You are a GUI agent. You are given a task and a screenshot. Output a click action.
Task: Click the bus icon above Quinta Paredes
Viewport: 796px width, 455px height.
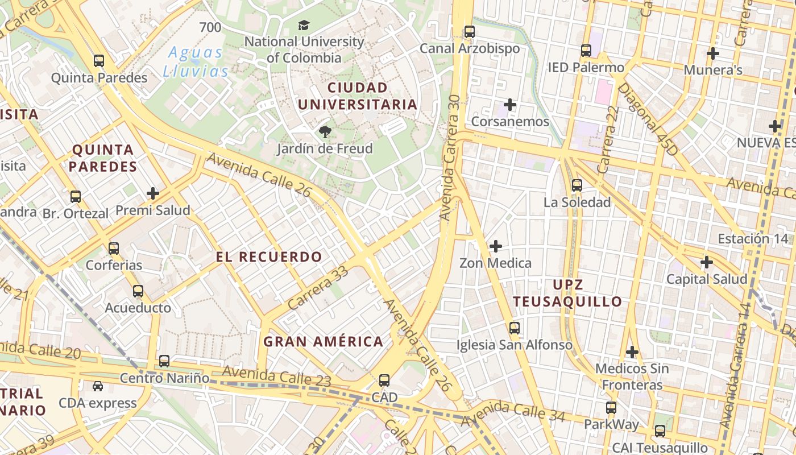click(99, 61)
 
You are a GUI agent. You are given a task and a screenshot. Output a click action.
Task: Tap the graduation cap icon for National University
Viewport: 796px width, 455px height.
click(304, 25)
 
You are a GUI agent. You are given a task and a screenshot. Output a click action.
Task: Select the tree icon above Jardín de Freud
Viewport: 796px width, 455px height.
click(325, 132)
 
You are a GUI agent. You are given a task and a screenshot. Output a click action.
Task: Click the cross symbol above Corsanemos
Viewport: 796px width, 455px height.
click(510, 105)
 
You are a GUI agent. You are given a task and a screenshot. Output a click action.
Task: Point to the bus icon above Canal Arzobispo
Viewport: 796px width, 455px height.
click(469, 32)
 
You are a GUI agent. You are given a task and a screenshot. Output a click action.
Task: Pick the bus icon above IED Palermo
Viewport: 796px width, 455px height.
click(586, 51)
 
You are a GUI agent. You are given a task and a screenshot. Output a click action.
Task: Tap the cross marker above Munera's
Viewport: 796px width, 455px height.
click(712, 53)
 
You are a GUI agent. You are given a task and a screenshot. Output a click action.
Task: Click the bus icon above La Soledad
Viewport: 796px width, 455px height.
click(577, 185)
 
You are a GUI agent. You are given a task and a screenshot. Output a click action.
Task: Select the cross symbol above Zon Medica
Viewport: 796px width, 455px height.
click(496, 246)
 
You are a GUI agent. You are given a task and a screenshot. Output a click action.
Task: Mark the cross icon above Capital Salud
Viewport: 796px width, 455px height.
click(707, 262)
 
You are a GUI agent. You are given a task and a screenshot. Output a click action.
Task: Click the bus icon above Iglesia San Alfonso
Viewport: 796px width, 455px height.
click(515, 328)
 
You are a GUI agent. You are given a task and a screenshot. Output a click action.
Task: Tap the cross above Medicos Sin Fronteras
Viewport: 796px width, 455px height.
click(632, 352)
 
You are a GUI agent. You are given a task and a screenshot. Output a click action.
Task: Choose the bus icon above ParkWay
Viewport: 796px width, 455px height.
click(611, 408)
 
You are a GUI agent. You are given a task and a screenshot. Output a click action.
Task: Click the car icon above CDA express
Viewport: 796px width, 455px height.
click(98, 386)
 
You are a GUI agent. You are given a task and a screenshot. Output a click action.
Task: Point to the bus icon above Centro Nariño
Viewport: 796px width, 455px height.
click(164, 361)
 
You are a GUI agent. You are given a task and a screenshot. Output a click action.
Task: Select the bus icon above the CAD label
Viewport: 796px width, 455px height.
click(384, 380)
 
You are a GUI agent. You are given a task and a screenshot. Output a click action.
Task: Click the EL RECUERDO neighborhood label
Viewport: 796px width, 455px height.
click(269, 257)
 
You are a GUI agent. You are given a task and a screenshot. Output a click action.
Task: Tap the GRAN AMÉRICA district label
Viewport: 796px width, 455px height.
click(323, 341)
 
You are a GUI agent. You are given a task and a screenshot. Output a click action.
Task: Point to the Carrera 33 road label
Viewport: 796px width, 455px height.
click(318, 288)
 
